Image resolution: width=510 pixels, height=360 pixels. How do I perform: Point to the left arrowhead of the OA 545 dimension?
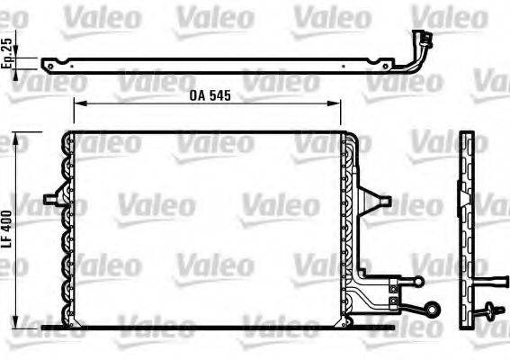[76, 105]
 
